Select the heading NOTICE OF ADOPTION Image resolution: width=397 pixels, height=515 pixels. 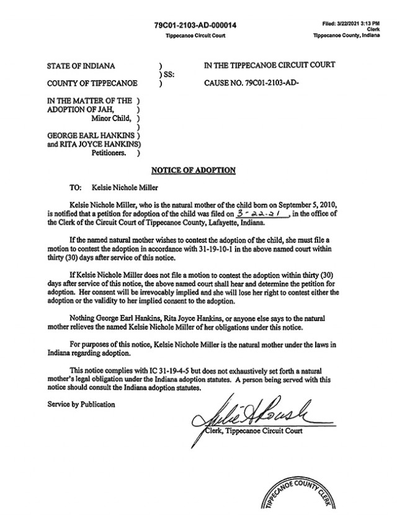click(x=194, y=170)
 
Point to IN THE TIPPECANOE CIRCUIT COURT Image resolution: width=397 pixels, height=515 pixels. click(x=269, y=65)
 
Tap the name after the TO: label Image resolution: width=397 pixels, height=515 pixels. click(x=124, y=186)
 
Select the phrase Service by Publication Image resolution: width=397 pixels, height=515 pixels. click(x=81, y=404)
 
